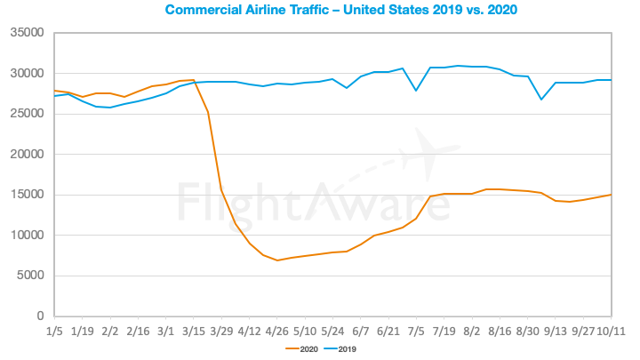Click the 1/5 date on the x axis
click(x=54, y=329)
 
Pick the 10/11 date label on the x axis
click(x=611, y=329)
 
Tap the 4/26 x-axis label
click(x=277, y=329)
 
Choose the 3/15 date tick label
click(x=195, y=329)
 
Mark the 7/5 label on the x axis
click(x=416, y=329)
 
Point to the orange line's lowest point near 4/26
click(x=277, y=260)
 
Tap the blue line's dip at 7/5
click(x=416, y=91)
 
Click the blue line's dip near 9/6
click(x=541, y=99)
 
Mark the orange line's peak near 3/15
click(x=194, y=80)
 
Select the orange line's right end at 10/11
click(x=611, y=195)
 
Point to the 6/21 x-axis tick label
click(x=388, y=329)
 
